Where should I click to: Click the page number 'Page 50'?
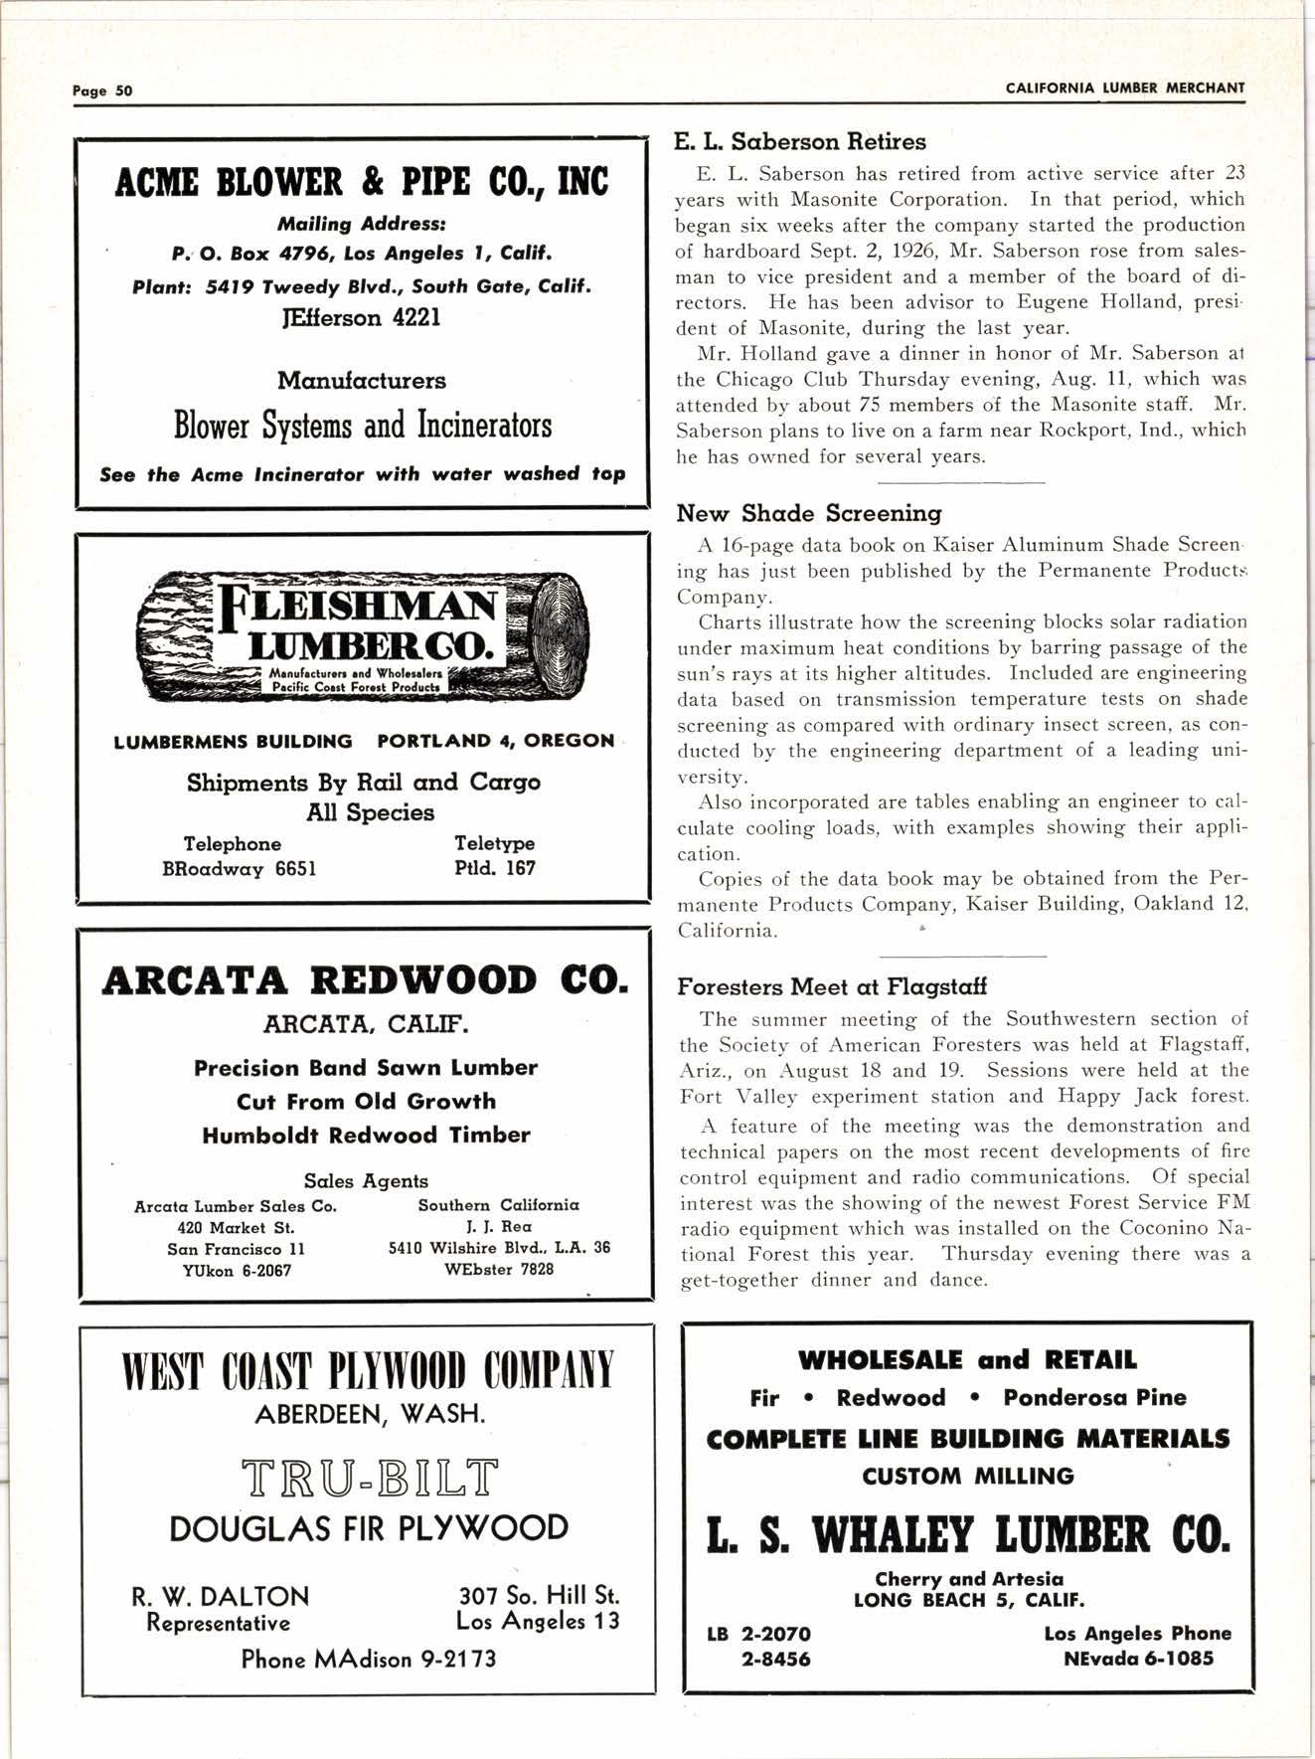[x=102, y=89]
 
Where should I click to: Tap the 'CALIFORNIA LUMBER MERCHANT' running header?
[x=1124, y=88]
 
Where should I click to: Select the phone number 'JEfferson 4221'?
[x=363, y=318]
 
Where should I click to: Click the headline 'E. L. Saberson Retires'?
[x=800, y=142]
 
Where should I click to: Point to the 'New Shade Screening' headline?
[x=809, y=513]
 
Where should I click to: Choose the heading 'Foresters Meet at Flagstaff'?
[x=832, y=987]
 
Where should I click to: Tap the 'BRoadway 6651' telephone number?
[x=239, y=869]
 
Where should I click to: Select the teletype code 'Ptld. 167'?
[x=494, y=868]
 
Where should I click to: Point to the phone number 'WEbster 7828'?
[x=499, y=1270]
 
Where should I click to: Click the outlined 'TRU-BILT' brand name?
[x=367, y=1478]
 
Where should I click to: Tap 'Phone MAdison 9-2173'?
[x=368, y=1659]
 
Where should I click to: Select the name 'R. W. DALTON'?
[x=220, y=1597]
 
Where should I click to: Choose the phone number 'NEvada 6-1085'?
[x=1138, y=1659]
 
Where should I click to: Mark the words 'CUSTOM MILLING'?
[x=967, y=1477]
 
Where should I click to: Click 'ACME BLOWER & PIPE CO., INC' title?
[x=362, y=184]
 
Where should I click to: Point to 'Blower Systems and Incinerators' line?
[x=363, y=427]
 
